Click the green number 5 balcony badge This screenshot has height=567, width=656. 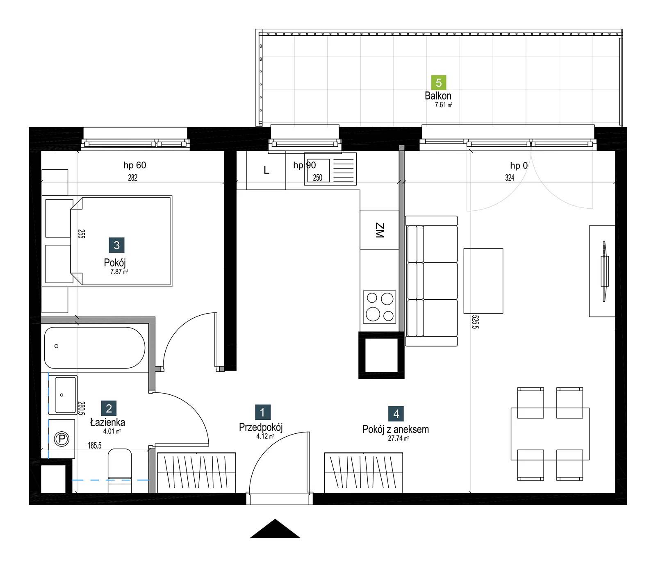pyautogui.click(x=439, y=83)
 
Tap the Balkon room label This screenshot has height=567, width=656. pyautogui.click(x=438, y=96)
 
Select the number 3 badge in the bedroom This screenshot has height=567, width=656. pyautogui.click(x=116, y=245)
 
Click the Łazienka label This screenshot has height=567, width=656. pyautogui.click(x=107, y=422)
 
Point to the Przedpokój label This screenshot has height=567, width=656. pyautogui.click(x=261, y=428)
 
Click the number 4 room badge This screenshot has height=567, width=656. pyautogui.click(x=396, y=414)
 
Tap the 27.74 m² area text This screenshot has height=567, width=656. pyautogui.click(x=398, y=438)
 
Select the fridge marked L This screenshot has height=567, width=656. pyautogui.click(x=266, y=171)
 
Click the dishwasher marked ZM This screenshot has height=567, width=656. pyautogui.click(x=380, y=230)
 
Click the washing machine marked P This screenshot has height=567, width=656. pyautogui.click(x=61, y=439)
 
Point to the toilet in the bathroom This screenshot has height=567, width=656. pyautogui.click(x=120, y=471)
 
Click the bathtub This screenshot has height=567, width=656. pyautogui.click(x=94, y=348)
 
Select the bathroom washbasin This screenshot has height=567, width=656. pyautogui.click(x=62, y=395)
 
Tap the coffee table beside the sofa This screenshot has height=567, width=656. pyautogui.click(x=483, y=281)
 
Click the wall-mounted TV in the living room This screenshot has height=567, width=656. pyautogui.click(x=604, y=271)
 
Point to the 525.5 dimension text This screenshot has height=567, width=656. pyautogui.click(x=475, y=322)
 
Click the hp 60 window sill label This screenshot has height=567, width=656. pyautogui.click(x=135, y=165)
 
